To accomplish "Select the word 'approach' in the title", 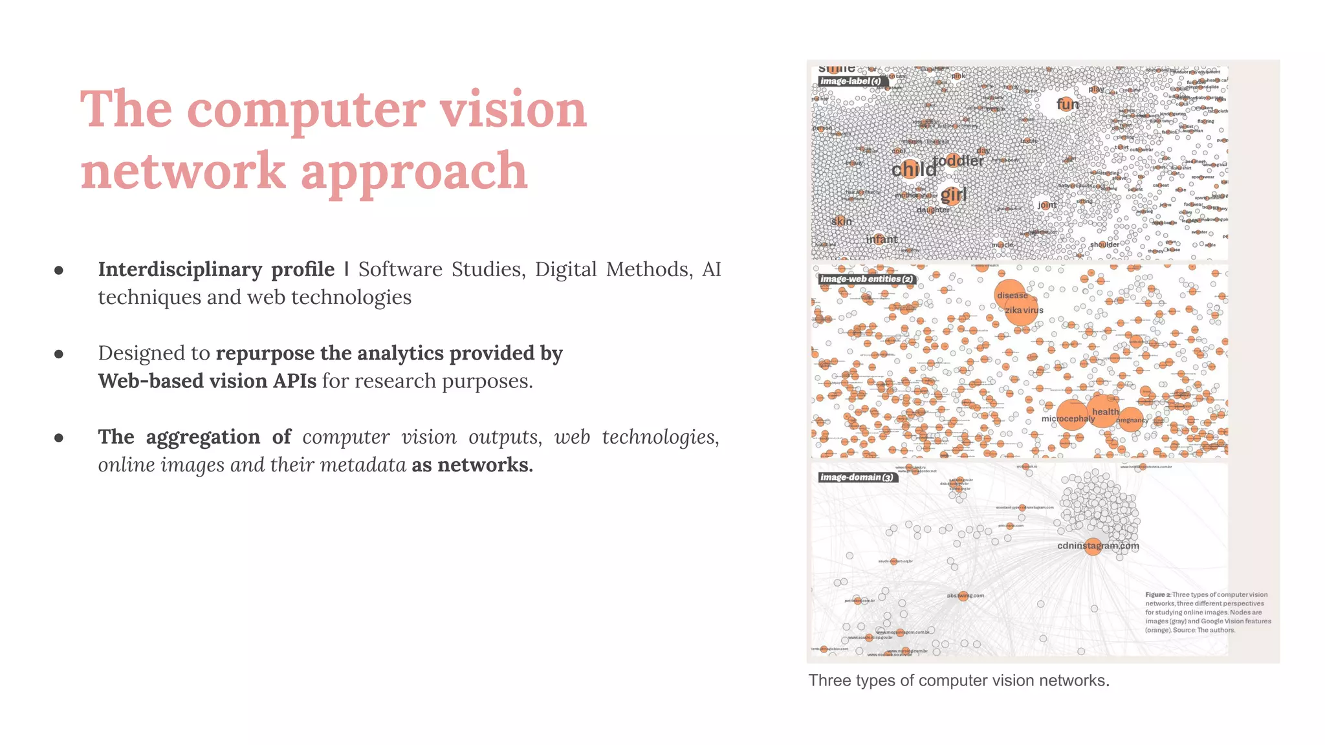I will click(414, 171).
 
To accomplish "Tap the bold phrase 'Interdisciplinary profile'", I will click(216, 269).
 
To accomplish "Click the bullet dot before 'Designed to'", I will click(59, 354).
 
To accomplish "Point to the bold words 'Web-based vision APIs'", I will click(207, 381).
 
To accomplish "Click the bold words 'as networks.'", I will click(472, 465).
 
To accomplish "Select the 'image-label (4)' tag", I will click(850, 81).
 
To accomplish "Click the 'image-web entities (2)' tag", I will click(866, 279).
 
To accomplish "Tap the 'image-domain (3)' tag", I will click(857, 477).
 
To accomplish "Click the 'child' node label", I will click(914, 169).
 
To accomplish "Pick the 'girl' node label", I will click(953, 194).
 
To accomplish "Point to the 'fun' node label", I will click(1068, 104).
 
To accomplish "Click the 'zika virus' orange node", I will click(1022, 310).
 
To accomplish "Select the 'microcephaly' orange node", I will click(1071, 415).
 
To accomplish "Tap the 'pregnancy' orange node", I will click(1131, 420).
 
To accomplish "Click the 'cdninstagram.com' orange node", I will click(1093, 546).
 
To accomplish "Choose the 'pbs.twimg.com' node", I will click(963, 596).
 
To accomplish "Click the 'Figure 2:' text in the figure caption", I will click(1157, 595).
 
